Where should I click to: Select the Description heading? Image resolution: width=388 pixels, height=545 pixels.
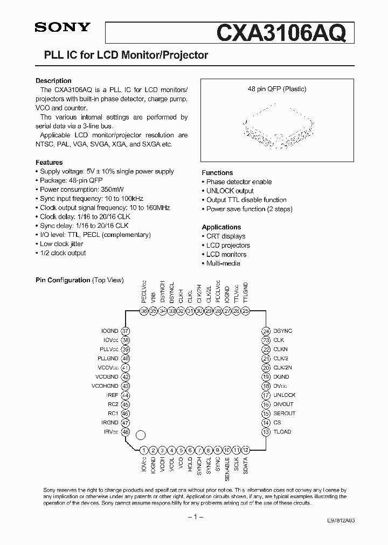(x=53, y=81)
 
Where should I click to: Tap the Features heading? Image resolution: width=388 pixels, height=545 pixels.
(x=49, y=162)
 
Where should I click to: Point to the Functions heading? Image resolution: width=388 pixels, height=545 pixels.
(x=217, y=173)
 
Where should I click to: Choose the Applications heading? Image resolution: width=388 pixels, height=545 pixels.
(x=221, y=227)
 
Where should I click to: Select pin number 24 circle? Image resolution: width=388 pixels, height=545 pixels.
(x=266, y=331)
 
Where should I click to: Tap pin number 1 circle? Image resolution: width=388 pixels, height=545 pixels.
(x=144, y=450)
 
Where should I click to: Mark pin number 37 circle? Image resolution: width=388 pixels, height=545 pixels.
(x=126, y=331)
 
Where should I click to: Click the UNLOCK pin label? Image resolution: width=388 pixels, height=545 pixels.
(x=285, y=395)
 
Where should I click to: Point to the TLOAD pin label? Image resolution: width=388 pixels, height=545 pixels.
(x=282, y=431)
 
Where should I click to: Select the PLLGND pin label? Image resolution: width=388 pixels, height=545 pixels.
(x=108, y=358)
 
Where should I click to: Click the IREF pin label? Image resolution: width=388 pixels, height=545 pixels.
(x=112, y=395)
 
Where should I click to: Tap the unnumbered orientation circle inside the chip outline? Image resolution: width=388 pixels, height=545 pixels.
(x=141, y=435)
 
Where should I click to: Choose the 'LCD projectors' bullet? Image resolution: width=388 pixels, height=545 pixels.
(x=228, y=245)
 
